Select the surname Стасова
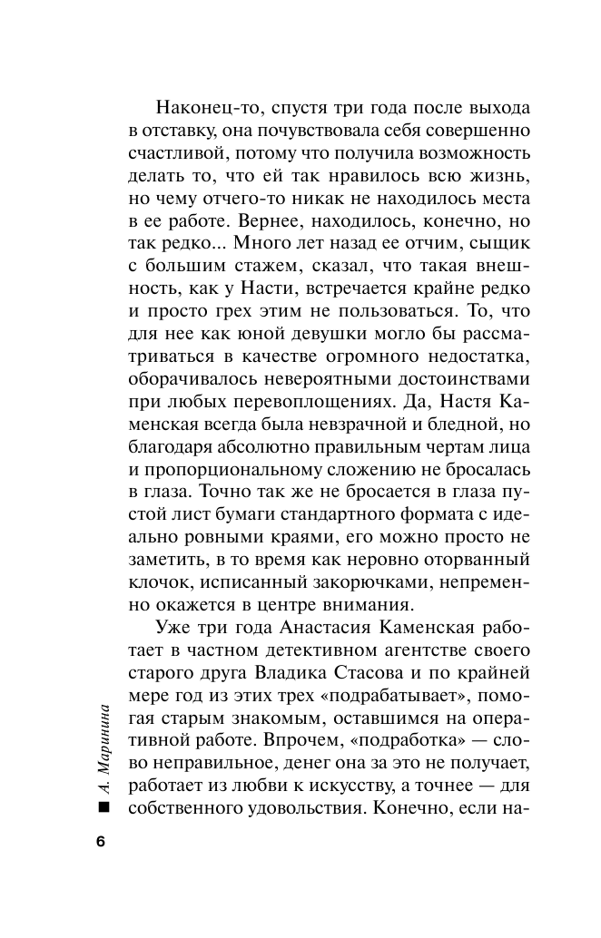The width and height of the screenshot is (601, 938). (399, 673)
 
